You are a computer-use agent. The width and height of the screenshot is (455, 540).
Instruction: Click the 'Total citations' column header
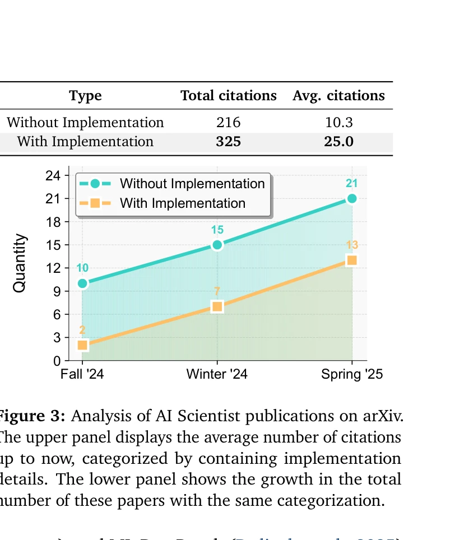(x=228, y=96)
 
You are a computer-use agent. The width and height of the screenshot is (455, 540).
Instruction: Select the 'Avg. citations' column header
(x=338, y=96)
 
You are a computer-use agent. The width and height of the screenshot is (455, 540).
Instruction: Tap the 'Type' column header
(x=85, y=96)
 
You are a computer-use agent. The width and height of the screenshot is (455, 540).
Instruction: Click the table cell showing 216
(x=228, y=123)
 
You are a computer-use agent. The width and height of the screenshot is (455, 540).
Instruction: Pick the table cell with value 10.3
(x=338, y=123)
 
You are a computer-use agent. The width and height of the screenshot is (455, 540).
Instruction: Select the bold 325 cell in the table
(x=228, y=141)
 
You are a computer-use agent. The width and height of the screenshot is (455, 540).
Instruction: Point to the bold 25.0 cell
(x=338, y=141)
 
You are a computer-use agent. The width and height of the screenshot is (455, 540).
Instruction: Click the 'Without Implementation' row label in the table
(x=85, y=123)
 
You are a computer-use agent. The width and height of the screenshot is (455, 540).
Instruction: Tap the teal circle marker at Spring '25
(x=352, y=198)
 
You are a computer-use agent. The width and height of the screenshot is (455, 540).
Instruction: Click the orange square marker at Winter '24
(x=217, y=306)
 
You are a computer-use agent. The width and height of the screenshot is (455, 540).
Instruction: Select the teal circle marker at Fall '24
(x=82, y=283)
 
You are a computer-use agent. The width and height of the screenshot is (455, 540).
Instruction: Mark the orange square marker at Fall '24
(x=82, y=345)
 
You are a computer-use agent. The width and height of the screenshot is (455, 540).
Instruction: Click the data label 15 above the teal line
(x=217, y=230)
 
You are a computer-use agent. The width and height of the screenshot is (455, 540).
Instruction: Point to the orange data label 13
(x=352, y=245)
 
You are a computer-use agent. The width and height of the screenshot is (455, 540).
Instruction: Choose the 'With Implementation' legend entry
(x=182, y=203)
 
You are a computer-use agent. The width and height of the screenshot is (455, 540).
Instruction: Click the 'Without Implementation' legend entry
(x=192, y=184)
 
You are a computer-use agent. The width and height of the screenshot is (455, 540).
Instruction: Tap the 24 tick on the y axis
(x=52, y=175)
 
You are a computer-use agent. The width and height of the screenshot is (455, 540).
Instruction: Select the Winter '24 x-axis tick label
(x=217, y=374)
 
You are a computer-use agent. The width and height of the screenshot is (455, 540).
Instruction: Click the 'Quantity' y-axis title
(x=20, y=263)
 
